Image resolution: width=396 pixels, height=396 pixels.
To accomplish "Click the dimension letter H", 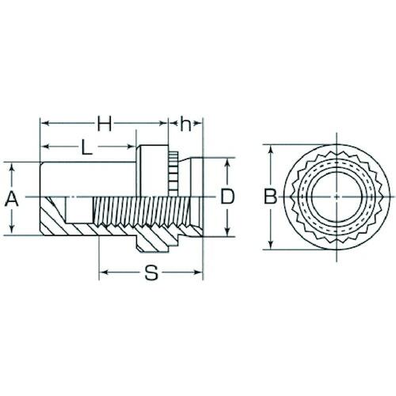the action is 105,124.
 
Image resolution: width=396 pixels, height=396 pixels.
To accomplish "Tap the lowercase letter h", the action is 185,124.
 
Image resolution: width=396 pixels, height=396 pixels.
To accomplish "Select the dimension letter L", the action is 86,147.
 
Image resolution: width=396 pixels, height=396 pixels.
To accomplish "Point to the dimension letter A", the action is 12,199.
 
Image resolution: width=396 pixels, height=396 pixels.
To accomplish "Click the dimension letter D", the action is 227,196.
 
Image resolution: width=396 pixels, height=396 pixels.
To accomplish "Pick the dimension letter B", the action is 271,196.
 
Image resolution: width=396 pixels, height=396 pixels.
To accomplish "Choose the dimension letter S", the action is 151,272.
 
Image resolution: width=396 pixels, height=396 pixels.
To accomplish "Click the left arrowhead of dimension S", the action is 105,272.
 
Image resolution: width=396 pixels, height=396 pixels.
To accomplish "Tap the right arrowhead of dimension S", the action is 198,272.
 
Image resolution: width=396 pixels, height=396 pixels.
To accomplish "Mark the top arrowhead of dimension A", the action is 12,168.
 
